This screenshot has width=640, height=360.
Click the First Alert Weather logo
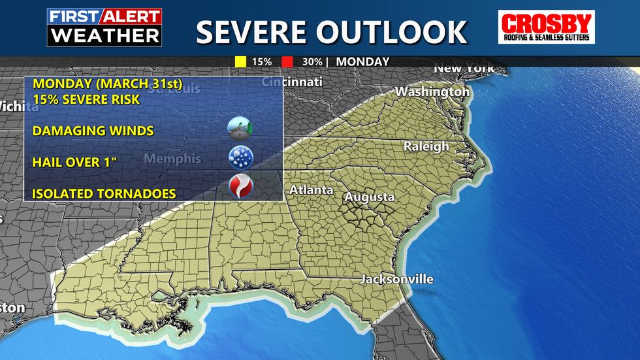(104, 27)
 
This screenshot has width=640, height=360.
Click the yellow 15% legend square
(240, 62)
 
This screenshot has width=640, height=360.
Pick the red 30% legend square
(287, 62)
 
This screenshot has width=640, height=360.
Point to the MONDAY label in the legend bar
(363, 62)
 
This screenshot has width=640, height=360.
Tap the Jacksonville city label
(397, 279)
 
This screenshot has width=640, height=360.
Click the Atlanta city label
(312, 190)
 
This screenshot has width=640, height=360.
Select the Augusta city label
(370, 197)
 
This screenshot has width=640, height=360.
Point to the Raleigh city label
(426, 146)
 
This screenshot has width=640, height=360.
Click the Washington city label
(432, 92)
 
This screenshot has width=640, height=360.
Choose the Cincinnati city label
(292, 82)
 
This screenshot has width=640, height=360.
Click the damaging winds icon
(240, 127)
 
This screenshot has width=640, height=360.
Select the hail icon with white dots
(240, 157)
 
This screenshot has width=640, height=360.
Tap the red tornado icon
(240, 188)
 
